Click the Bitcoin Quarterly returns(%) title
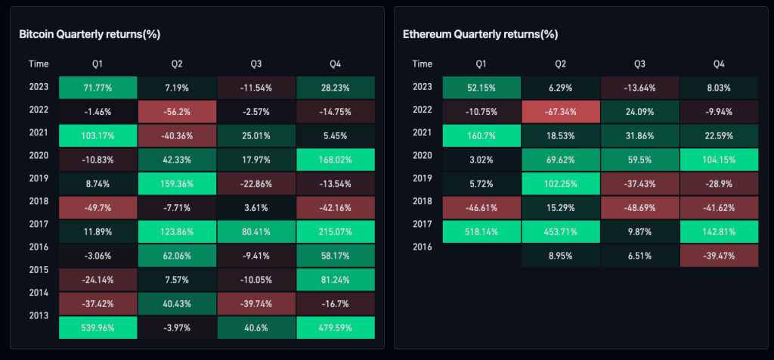89,34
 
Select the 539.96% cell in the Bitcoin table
98,327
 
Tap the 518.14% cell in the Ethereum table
481,231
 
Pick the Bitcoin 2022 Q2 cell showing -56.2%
177,111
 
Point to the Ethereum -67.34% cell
560,111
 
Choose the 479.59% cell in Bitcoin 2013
336,327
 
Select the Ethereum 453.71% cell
560,231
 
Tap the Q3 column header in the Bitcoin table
256,64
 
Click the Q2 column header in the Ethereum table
560,64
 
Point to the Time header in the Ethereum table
423,64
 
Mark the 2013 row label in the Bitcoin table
39,315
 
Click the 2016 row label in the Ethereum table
423,247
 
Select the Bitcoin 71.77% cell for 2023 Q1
98,87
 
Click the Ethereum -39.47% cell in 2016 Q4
719,256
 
